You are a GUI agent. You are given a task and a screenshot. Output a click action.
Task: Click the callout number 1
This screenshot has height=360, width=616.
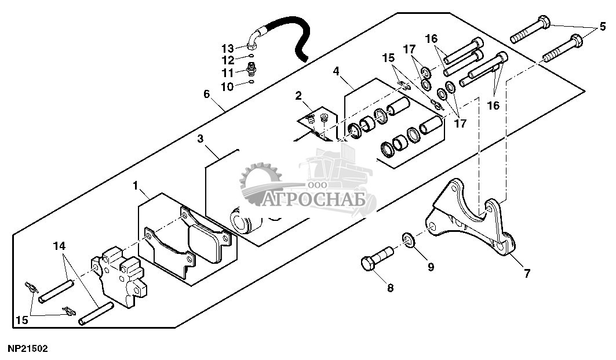click(x=135, y=186)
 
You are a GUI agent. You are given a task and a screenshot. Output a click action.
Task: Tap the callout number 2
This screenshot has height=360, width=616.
click(x=298, y=96)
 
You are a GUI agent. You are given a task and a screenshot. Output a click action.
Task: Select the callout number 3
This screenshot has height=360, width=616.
click(x=200, y=139)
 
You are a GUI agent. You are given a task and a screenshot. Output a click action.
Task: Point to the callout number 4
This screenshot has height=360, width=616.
click(x=336, y=71)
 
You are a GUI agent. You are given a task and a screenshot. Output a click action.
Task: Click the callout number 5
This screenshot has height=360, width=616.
click(x=603, y=26)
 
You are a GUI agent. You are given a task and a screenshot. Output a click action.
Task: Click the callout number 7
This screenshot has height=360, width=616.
click(x=527, y=274)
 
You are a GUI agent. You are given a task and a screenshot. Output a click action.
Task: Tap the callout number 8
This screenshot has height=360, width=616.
click(x=389, y=288)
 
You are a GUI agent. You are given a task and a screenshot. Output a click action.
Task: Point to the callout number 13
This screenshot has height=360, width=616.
click(x=228, y=47)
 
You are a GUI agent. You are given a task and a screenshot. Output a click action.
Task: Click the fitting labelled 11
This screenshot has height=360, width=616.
click(x=251, y=70)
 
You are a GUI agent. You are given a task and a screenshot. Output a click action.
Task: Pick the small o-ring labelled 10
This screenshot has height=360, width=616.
click(x=250, y=82)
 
